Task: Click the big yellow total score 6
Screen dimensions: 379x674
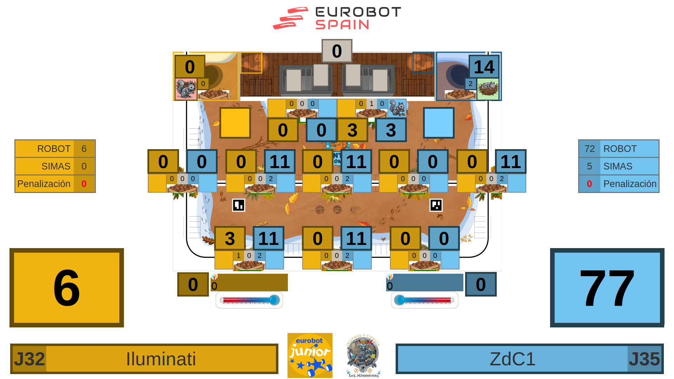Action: click(x=67, y=288)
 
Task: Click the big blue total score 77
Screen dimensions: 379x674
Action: click(x=607, y=288)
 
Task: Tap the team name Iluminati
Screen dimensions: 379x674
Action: click(x=161, y=359)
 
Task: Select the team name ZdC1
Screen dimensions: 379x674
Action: click(x=513, y=359)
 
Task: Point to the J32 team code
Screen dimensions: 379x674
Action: click(x=29, y=359)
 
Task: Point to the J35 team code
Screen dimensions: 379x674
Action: click(x=645, y=359)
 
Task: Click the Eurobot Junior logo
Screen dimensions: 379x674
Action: click(x=310, y=355)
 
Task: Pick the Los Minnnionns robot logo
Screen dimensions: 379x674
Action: click(x=363, y=355)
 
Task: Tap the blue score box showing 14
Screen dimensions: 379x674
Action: click(x=484, y=67)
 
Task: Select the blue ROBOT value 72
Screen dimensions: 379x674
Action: click(x=589, y=149)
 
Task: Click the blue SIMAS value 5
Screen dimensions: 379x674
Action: click(x=589, y=166)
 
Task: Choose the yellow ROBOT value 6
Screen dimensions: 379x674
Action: click(x=84, y=149)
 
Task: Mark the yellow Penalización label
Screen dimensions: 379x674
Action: click(x=44, y=184)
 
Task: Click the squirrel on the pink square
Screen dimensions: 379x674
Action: click(x=186, y=89)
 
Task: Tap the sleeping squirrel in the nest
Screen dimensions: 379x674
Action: click(x=488, y=89)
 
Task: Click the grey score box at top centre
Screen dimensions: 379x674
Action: click(x=337, y=51)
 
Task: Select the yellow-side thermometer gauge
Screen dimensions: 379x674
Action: click(x=249, y=300)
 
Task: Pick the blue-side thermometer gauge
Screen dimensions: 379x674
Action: click(x=424, y=300)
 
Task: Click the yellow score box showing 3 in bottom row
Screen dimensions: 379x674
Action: click(x=230, y=238)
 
